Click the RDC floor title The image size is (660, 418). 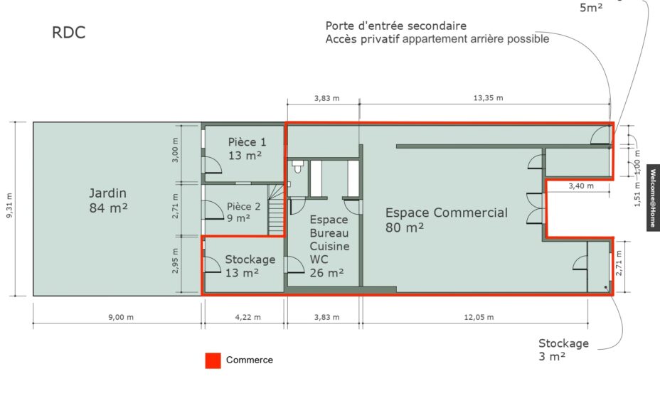pyautogui.click(x=68, y=33)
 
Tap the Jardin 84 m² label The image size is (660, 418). pyautogui.click(x=108, y=200)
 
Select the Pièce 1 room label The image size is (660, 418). pyautogui.click(x=247, y=149)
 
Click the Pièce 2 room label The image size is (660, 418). pyautogui.click(x=243, y=212)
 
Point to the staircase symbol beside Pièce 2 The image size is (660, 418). pyautogui.click(x=276, y=210)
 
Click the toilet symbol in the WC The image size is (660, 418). pyautogui.click(x=298, y=166)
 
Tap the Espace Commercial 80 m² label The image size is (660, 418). pyautogui.click(x=447, y=220)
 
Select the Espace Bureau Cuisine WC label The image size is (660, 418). pyautogui.click(x=329, y=246)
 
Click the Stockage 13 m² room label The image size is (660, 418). pyautogui.click(x=250, y=266)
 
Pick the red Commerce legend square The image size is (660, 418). pyautogui.click(x=213, y=360)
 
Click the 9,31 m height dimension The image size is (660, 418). pyautogui.click(x=9, y=205)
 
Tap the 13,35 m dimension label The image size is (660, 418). pyautogui.click(x=489, y=98)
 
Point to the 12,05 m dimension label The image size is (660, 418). pyautogui.click(x=479, y=317)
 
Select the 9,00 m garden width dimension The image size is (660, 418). pyautogui.click(x=121, y=317)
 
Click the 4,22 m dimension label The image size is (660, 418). pyautogui.click(x=248, y=317)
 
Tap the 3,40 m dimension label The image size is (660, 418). pyautogui.click(x=581, y=186)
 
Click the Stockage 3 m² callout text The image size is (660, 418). pyautogui.click(x=563, y=350)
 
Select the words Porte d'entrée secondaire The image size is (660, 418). pyautogui.click(x=396, y=26)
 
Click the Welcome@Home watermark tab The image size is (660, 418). pyautogui.click(x=654, y=198)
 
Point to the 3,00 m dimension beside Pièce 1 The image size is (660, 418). pyautogui.click(x=176, y=150)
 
